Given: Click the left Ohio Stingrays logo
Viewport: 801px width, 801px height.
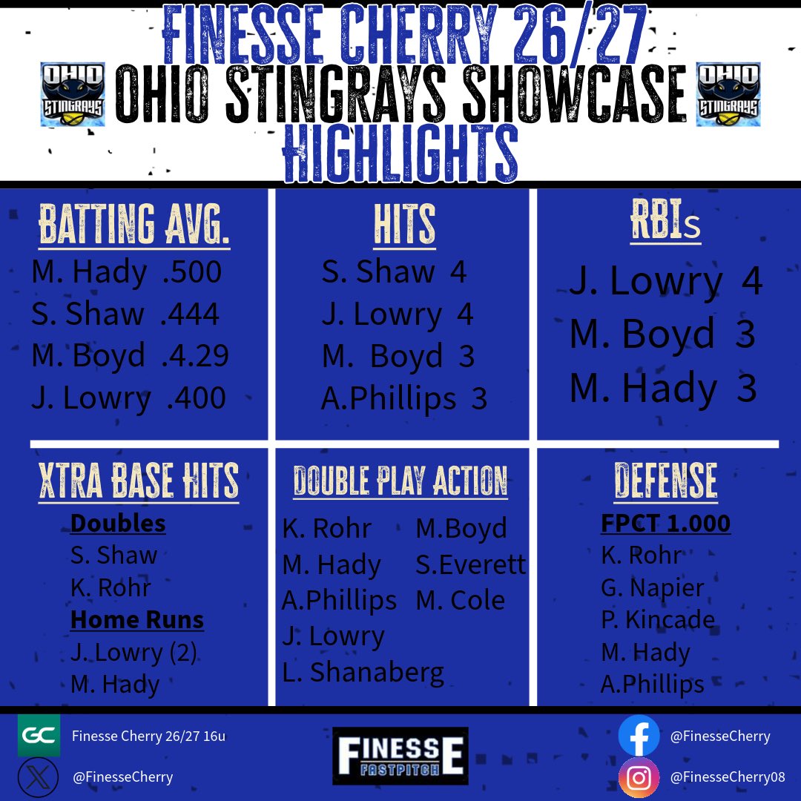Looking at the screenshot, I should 72,94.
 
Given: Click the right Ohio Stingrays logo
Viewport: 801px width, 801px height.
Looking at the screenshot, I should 728,94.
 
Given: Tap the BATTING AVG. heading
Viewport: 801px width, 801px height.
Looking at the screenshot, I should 134,225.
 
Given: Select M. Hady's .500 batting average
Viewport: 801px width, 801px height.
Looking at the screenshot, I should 191,273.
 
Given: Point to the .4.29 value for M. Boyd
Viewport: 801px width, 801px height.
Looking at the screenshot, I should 195,356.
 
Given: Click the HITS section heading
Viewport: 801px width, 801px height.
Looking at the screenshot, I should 404,225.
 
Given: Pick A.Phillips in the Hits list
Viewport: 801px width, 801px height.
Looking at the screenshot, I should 389,399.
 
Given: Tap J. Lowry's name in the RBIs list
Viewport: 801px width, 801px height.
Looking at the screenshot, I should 645,282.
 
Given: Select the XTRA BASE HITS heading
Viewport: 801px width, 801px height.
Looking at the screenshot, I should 139,481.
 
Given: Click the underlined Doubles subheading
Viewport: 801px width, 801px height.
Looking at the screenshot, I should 118,524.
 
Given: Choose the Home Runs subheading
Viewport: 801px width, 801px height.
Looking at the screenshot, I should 137,620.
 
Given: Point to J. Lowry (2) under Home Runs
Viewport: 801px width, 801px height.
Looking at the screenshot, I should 134,653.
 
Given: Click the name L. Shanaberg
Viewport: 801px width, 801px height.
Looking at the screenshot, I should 363,672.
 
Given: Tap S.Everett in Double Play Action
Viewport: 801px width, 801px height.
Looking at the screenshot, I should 470,565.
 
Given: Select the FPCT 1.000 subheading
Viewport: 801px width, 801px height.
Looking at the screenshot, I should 665,524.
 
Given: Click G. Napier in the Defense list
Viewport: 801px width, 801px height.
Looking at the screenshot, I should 652,587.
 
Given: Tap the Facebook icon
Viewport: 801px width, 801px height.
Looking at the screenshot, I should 639,736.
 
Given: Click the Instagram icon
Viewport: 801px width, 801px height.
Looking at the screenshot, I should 639,777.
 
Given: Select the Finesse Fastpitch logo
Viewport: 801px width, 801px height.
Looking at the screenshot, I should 400,756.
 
